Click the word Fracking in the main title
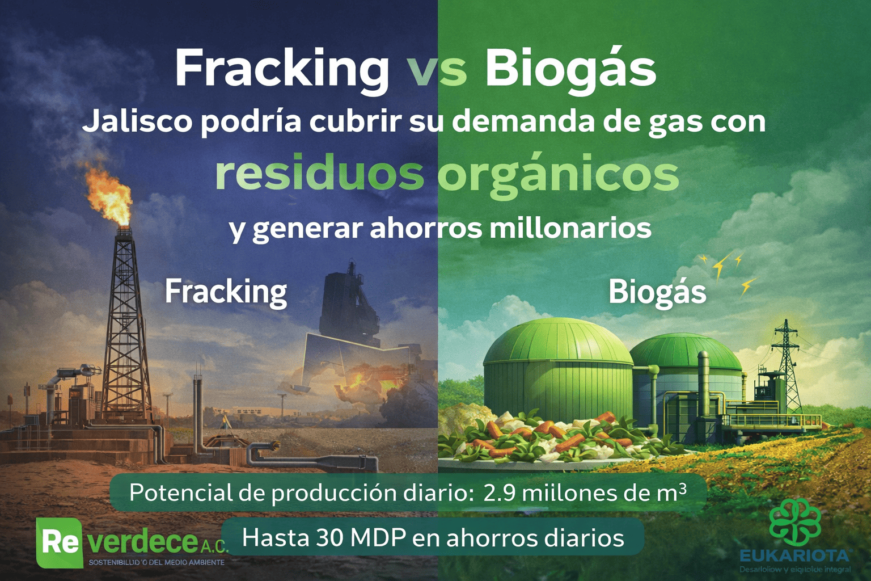pyautogui.click(x=281, y=69)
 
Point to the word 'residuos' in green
pyautogui.click(x=319, y=174)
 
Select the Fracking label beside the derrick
pyautogui.click(x=226, y=292)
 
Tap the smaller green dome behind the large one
pyautogui.click(x=686, y=357)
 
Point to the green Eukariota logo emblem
pyautogui.click(x=795, y=522)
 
